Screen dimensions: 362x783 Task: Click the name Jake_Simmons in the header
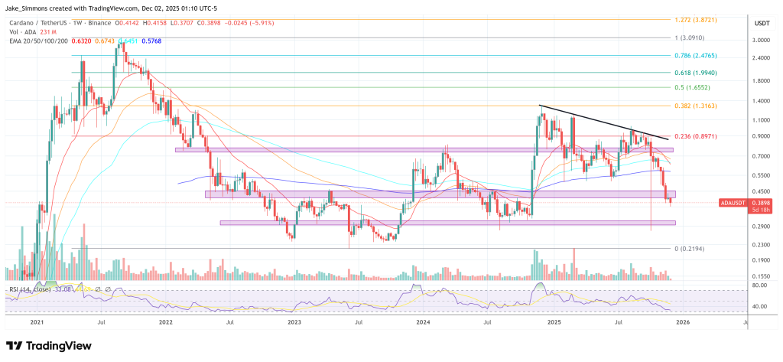[x=30, y=6]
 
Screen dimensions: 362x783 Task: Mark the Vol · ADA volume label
[x=24, y=33]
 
